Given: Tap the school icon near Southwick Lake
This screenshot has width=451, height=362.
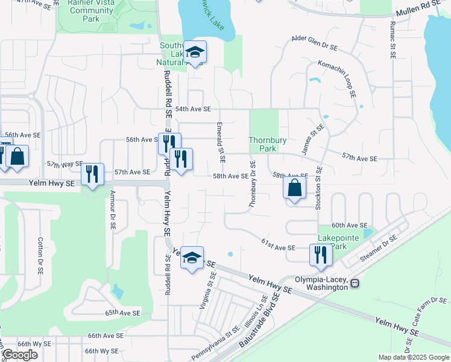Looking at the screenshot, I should coord(195,52).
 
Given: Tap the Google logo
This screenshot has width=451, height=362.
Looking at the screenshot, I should coord(20,355).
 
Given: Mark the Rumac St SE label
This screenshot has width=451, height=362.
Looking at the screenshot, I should coord(393,39).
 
